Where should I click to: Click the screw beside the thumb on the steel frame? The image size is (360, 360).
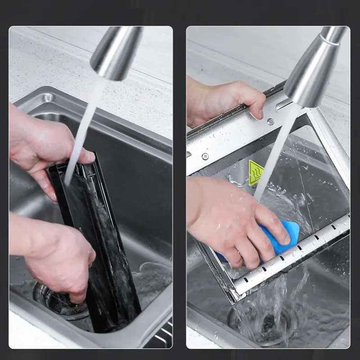pyautogui.click(x=270, y=121)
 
